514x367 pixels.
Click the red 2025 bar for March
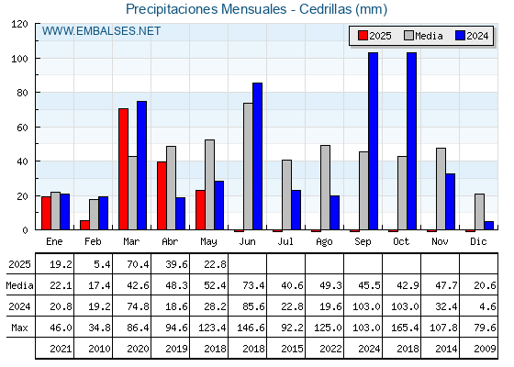point(123,169)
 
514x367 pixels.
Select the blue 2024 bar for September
point(373,141)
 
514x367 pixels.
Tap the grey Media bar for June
point(248,166)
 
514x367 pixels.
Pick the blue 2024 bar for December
point(488,226)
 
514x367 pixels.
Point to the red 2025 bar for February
point(84,225)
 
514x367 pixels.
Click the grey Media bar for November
point(441,189)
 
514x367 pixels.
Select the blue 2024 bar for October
point(412,141)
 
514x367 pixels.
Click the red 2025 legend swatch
point(363,36)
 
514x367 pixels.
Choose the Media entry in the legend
point(423,36)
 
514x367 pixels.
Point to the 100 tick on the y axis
point(37,59)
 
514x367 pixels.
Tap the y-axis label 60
point(22,128)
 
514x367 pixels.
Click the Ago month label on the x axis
point(324,242)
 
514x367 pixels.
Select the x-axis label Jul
point(285,241)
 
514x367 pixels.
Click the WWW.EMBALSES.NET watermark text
point(101,31)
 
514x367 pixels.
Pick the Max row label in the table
point(19,328)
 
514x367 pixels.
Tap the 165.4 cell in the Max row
point(405,328)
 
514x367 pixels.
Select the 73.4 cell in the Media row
point(253,285)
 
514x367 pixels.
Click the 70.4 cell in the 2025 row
point(138,264)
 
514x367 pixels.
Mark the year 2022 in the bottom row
point(330,349)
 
